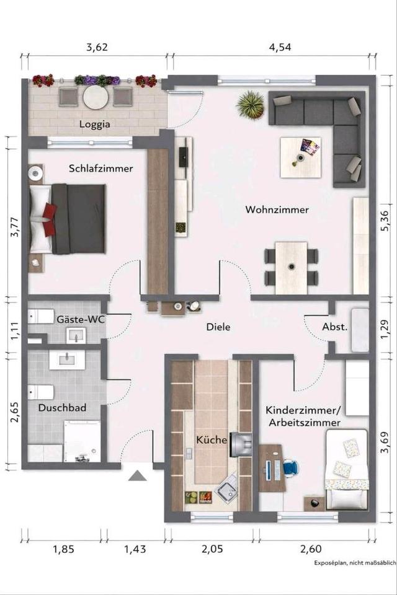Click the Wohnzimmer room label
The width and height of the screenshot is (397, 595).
[x=277, y=209]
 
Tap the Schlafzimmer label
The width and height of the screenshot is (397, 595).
[x=101, y=169]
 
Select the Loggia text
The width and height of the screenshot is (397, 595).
[x=94, y=125]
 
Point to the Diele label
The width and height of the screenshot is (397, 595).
[x=218, y=327]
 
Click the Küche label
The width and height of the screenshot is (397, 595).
[x=212, y=440]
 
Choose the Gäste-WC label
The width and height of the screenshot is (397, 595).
[x=81, y=320]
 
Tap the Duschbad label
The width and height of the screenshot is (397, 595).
[x=62, y=408]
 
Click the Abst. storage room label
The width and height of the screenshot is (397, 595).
[x=335, y=327]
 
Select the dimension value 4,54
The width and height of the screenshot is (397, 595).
[x=280, y=47]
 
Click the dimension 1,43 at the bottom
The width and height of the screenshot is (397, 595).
[x=136, y=549]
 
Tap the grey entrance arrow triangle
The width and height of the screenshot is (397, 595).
[x=138, y=475]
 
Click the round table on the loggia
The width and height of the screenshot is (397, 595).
[x=96, y=97]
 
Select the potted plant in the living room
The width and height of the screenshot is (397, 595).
[x=251, y=104]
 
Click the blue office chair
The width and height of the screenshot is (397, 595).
[x=290, y=467]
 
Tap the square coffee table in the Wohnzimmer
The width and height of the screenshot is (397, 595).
[x=300, y=157]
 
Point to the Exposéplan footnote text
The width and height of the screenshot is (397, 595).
[x=355, y=563]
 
